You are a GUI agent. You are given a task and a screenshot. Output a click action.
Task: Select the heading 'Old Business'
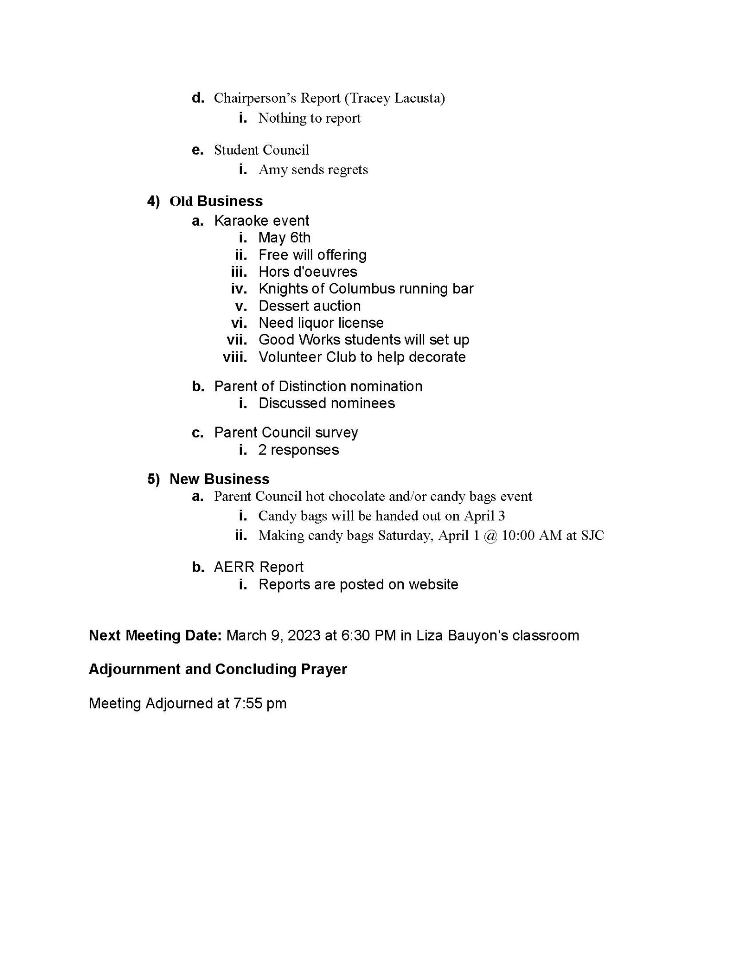click(x=216, y=201)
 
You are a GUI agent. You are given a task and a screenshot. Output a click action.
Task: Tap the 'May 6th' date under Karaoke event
click(x=284, y=238)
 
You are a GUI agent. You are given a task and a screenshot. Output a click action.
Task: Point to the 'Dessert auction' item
click(x=309, y=306)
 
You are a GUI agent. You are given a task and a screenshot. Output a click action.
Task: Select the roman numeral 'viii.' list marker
click(x=235, y=357)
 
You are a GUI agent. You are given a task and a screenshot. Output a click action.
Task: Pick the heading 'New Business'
click(x=220, y=479)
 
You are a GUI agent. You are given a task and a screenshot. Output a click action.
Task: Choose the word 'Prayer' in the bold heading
click(x=324, y=669)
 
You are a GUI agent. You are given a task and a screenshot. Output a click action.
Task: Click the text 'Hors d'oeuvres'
click(x=308, y=272)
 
